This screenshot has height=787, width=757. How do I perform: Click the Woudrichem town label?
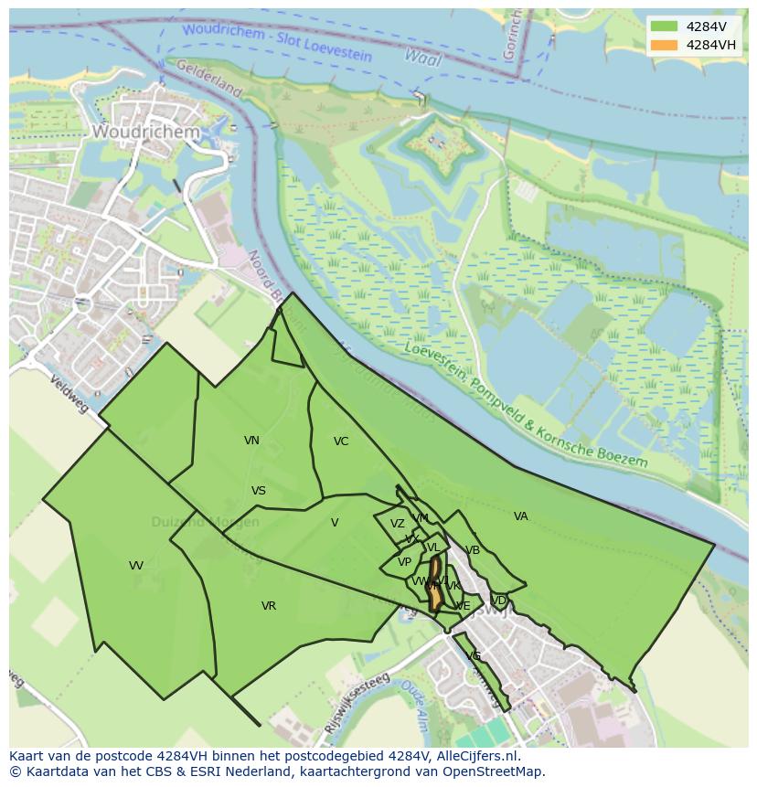tap(145, 133)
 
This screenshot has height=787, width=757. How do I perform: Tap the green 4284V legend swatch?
tap(665, 27)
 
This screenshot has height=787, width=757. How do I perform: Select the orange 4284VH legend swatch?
tap(665, 45)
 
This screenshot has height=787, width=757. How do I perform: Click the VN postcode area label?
tap(251, 441)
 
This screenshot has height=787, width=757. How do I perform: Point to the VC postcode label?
tap(341, 441)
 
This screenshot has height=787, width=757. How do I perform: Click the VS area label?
tap(259, 491)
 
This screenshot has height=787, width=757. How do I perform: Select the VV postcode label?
tap(136, 566)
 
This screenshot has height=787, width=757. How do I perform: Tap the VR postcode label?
tap(269, 606)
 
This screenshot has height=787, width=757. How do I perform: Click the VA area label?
tap(521, 516)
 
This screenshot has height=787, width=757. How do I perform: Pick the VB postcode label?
tap(473, 550)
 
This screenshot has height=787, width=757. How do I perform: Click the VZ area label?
tap(397, 524)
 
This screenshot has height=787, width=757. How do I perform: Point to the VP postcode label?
tap(404, 562)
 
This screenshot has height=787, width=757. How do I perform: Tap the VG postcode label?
tap(474, 656)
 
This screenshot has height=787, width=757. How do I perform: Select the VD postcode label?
tap(499, 601)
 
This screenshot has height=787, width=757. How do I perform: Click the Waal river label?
tap(422, 58)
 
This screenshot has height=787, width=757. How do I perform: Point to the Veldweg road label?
tap(69, 393)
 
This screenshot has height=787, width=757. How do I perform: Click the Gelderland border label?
tap(208, 80)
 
